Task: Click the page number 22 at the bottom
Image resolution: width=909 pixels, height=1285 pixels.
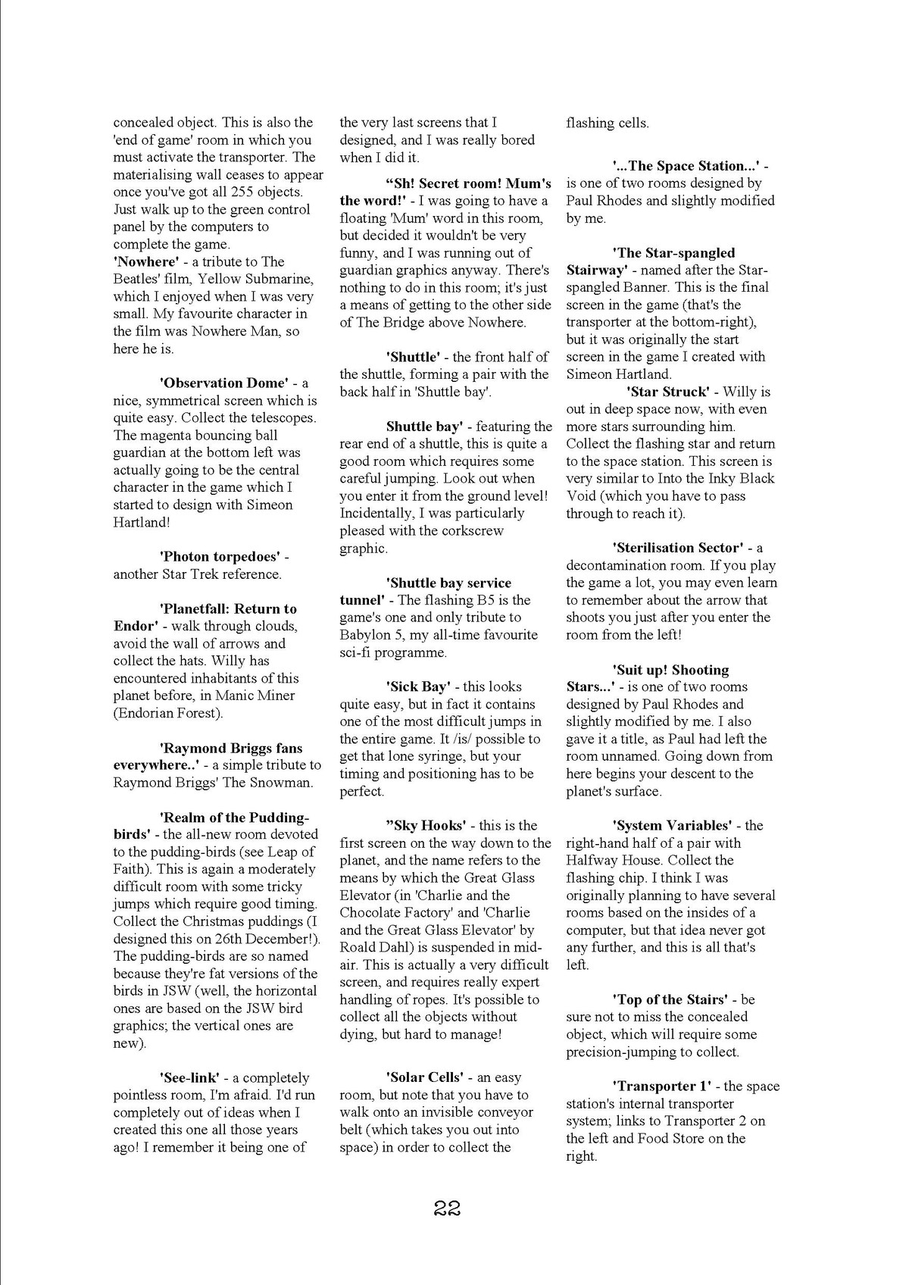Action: (x=448, y=1208)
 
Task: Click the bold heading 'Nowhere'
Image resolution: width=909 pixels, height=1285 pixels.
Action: (x=145, y=261)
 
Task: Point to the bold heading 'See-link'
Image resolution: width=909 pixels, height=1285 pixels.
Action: (x=189, y=1077)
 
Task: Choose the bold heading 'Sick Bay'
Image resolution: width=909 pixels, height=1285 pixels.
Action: (x=418, y=686)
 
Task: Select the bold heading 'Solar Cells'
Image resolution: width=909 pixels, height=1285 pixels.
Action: (x=424, y=1077)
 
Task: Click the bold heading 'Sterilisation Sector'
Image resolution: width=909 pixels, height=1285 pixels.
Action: (x=678, y=548)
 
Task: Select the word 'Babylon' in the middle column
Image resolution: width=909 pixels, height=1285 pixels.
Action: (x=364, y=635)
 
